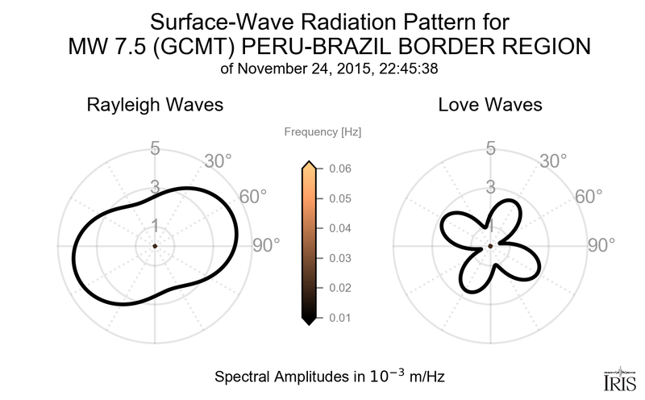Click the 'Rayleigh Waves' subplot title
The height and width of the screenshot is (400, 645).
coord(155,105)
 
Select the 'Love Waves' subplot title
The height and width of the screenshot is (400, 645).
coord(490,105)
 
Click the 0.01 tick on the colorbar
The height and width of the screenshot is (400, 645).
coord(339,318)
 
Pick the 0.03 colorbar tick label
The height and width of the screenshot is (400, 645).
coord(339,258)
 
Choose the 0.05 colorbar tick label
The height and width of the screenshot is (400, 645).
coord(339,198)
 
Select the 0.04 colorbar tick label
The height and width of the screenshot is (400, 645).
coord(339,228)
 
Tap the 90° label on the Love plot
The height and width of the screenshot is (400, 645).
coord(601,246)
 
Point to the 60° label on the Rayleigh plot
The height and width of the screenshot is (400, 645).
coord(252,198)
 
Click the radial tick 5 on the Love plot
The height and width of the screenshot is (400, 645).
coord(490,148)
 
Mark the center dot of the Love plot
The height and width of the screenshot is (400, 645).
coord(490,245)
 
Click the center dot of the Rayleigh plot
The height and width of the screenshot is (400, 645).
coord(154,245)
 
